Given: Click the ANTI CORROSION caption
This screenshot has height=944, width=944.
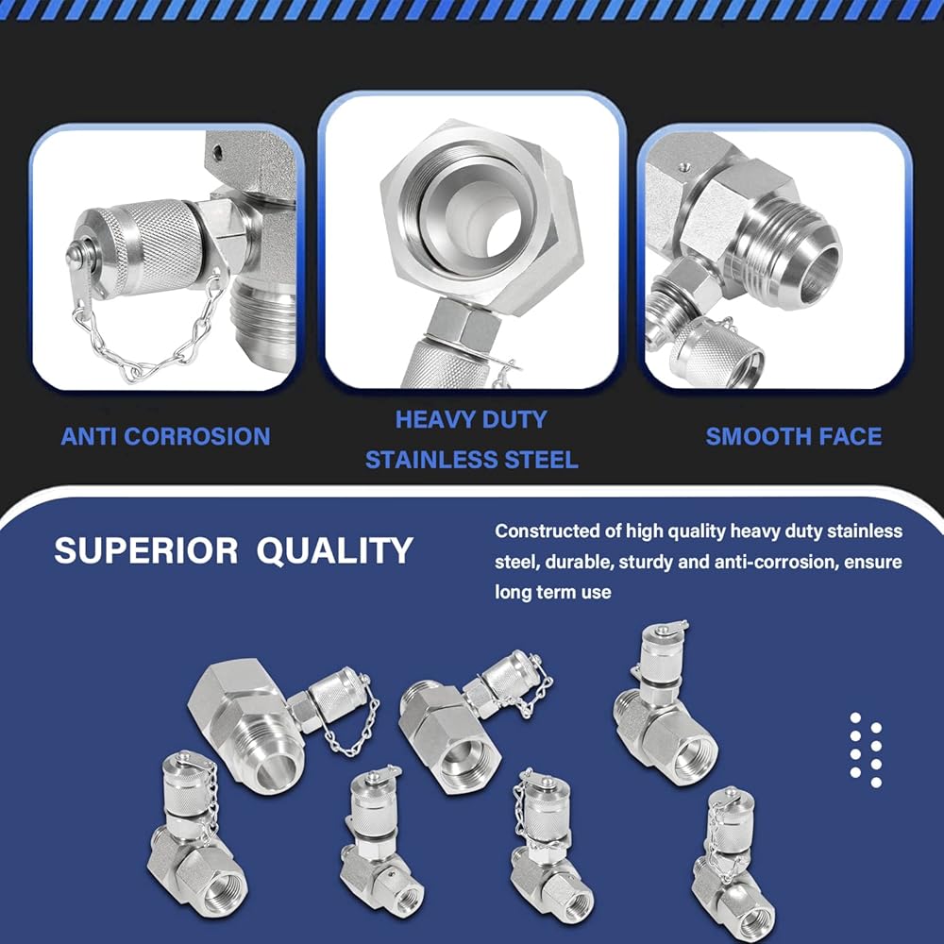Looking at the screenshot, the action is tap(165, 436).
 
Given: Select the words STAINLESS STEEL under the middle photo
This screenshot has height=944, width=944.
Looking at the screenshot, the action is tap(471, 460).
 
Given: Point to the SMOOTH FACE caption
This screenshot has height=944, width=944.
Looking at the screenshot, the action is tap(794, 436).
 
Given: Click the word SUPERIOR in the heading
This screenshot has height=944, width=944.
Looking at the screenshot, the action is tap(145, 550).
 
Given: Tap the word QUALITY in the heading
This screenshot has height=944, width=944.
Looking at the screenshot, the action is tap(335, 550).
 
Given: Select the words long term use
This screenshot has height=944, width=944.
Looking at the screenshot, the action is tap(552, 592).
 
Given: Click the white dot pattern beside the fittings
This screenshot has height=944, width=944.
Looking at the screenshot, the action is tap(866, 750).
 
